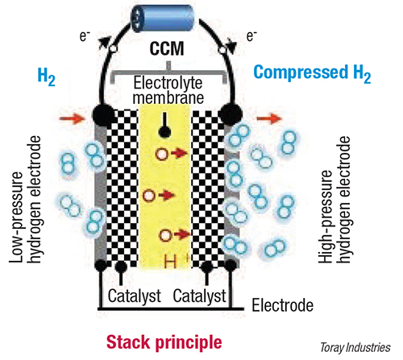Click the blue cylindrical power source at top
point(162,19)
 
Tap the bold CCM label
point(167,48)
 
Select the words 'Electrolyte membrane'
point(168,90)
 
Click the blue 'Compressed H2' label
point(312,73)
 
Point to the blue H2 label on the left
point(47,77)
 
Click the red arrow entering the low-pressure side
point(72,118)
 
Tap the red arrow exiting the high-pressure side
point(269,118)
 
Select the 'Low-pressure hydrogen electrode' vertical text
point(25,199)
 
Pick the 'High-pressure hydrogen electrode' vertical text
point(334,199)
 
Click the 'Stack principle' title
point(164,342)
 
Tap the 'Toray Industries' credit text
point(355,347)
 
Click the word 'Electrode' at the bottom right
point(282,305)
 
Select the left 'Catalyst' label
point(135,296)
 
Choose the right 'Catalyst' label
point(199,296)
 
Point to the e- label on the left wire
point(85,36)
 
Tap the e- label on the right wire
point(251,36)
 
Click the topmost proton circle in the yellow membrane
point(162,154)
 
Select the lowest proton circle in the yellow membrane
point(165,235)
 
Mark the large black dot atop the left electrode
point(103,116)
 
